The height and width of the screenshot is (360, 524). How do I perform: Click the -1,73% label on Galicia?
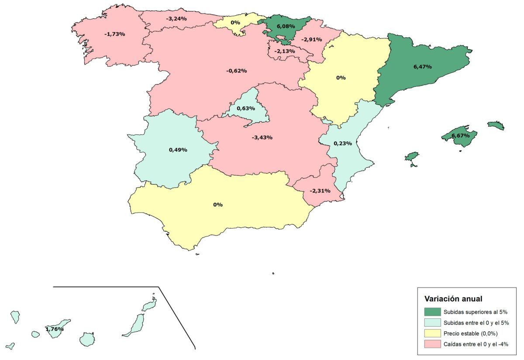point(115,34)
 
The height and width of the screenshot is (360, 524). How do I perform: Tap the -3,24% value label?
point(176,19)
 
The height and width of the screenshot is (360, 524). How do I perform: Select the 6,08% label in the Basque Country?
point(286,27)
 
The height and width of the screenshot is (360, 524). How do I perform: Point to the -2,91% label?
point(312,39)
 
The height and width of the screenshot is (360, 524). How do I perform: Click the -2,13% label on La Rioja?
point(285,51)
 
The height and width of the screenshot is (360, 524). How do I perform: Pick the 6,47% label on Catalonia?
point(422,67)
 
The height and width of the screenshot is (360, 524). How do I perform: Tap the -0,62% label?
point(237,71)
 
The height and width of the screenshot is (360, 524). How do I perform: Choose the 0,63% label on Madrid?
point(245,108)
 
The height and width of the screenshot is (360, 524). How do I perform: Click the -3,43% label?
point(262,137)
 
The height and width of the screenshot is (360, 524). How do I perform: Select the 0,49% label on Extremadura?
point(178,150)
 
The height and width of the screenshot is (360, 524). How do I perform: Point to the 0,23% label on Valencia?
point(343,143)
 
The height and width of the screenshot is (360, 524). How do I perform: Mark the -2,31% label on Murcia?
point(320,191)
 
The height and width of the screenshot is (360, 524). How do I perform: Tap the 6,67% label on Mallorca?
point(461,136)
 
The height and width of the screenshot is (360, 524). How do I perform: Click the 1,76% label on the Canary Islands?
point(55,329)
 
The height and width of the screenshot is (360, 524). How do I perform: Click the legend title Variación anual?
point(453,299)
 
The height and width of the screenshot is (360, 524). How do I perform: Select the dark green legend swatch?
point(432,312)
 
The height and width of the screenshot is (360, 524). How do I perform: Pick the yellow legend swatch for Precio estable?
point(432,334)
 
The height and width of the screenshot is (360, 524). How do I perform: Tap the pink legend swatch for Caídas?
point(432,345)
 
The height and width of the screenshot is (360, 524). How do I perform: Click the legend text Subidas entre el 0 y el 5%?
point(476,323)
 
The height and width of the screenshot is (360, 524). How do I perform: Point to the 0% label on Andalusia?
point(218,205)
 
